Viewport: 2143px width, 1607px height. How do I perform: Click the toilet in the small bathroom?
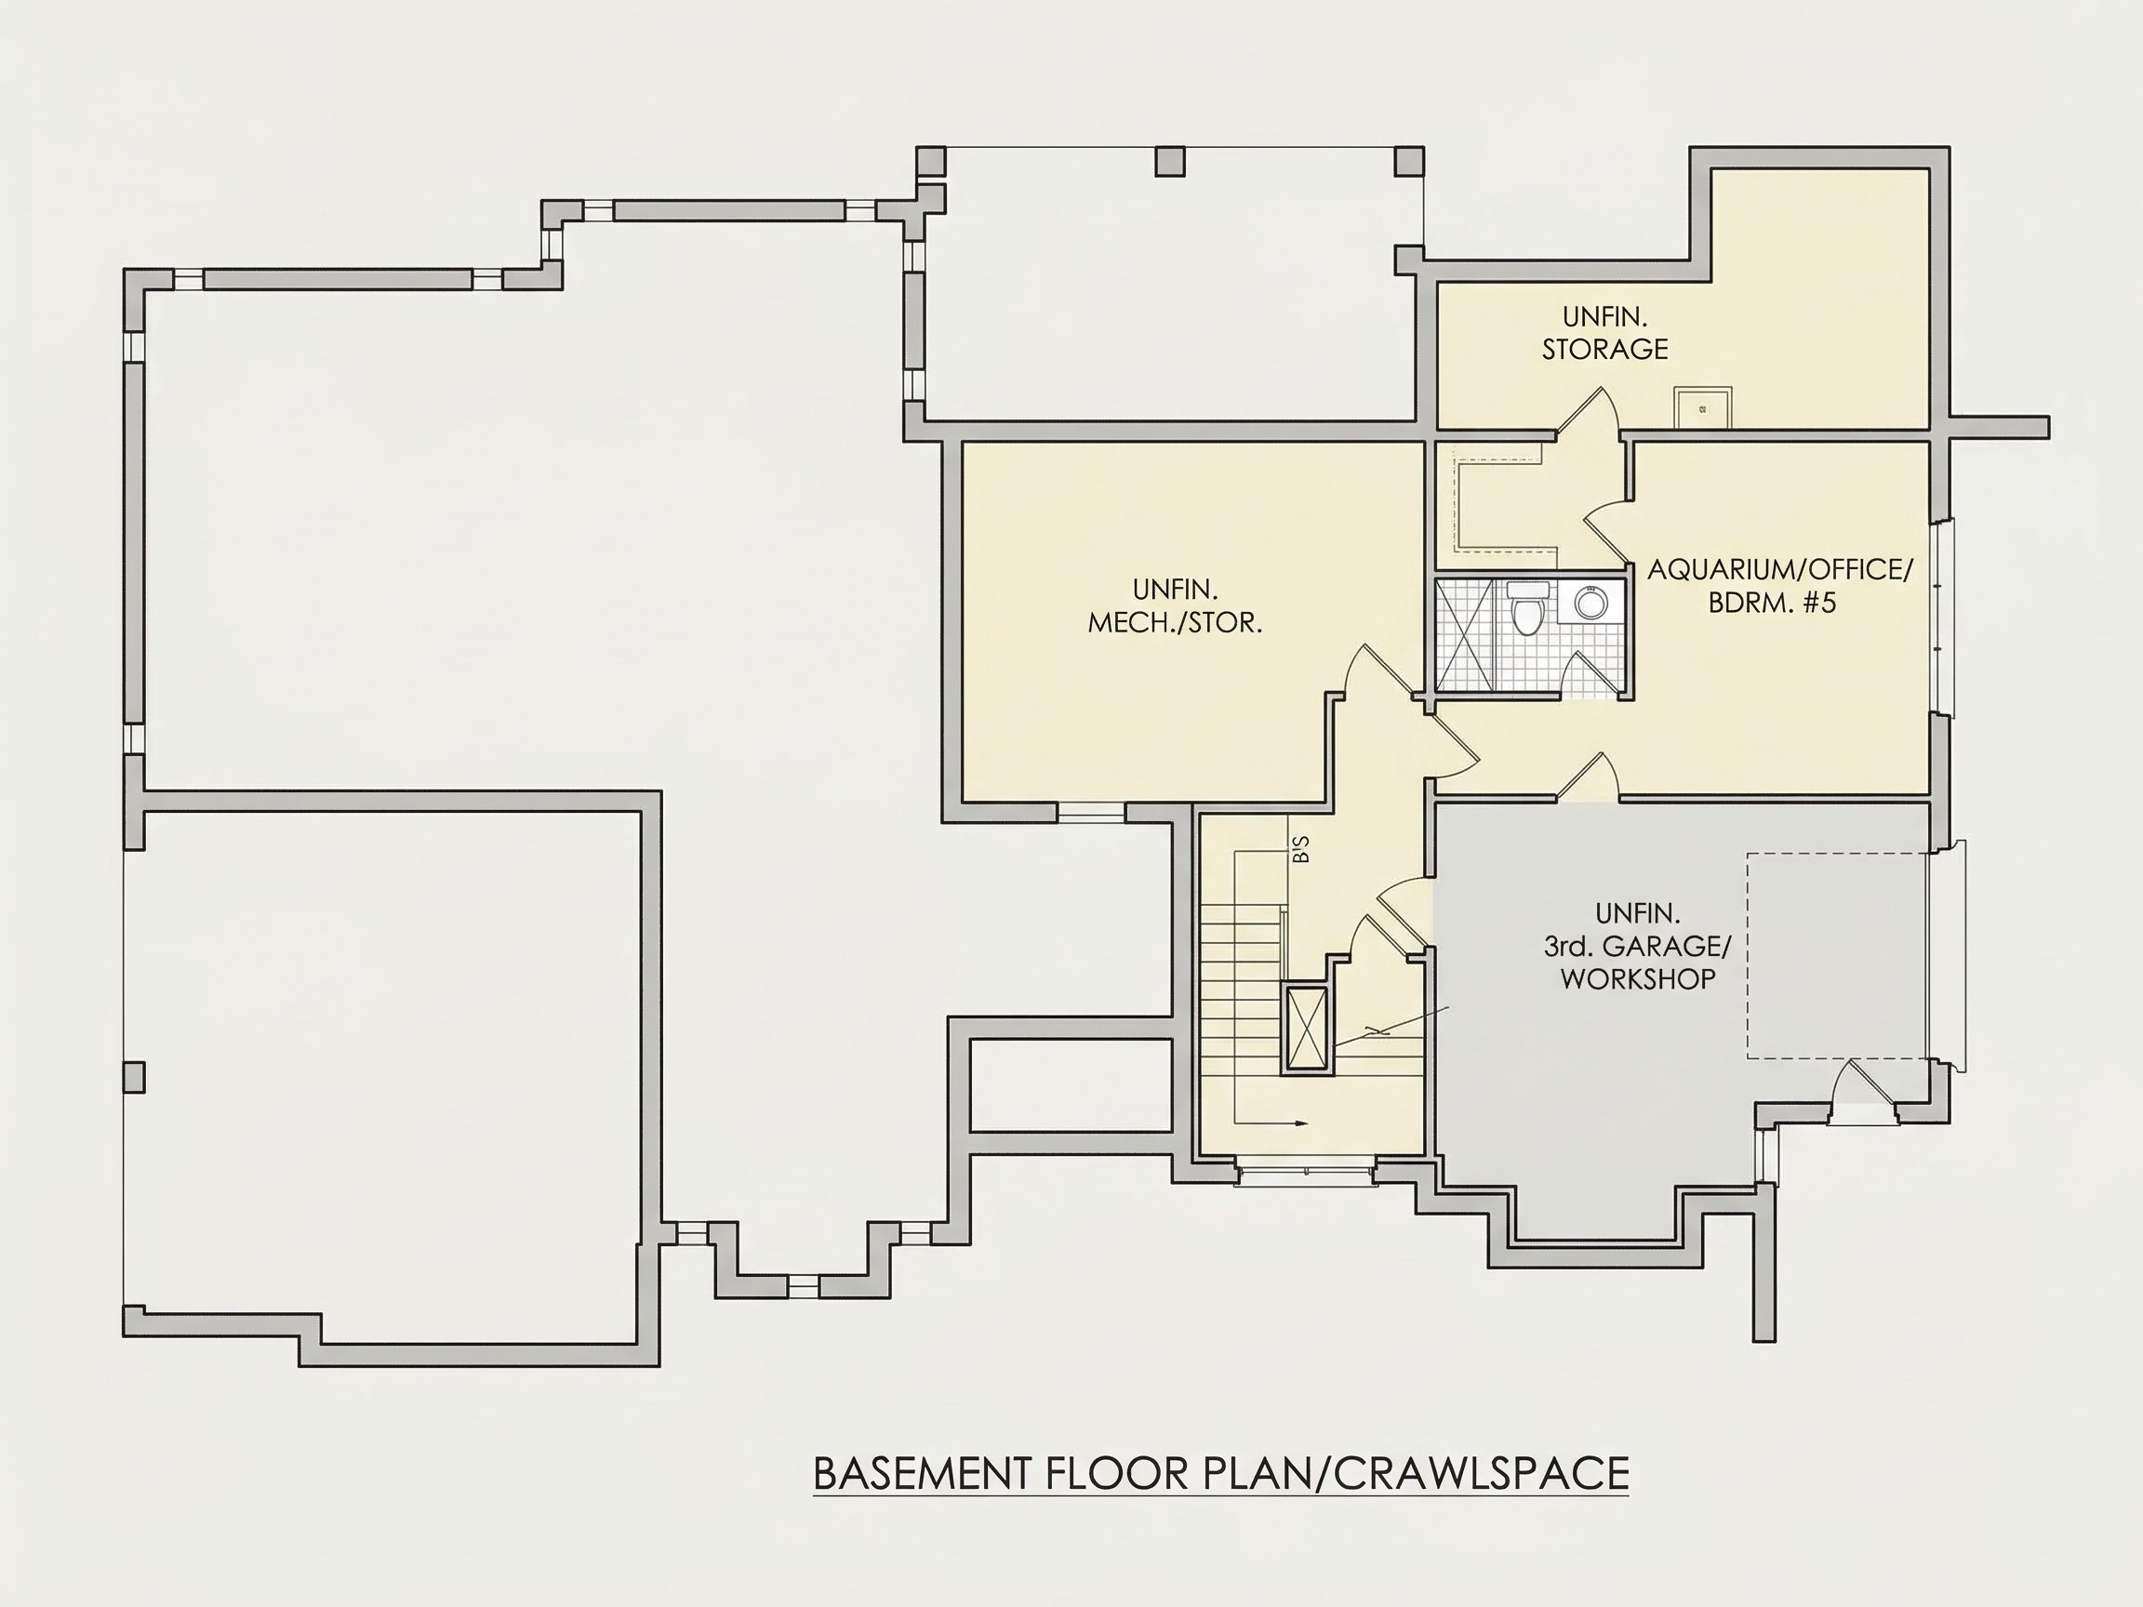click(1528, 607)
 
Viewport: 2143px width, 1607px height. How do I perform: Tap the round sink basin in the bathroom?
click(1589, 603)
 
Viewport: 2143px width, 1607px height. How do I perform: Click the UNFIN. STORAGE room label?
click(1605, 332)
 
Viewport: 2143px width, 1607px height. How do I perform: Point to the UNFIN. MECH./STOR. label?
click(1175, 605)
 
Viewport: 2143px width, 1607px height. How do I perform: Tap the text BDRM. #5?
click(1772, 603)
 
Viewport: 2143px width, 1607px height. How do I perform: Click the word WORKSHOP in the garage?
click(1637, 978)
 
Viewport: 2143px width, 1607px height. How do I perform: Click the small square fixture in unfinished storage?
click(1702, 408)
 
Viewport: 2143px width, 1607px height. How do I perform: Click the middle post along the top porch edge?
click(1169, 161)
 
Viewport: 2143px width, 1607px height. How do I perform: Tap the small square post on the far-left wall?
click(134, 1077)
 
